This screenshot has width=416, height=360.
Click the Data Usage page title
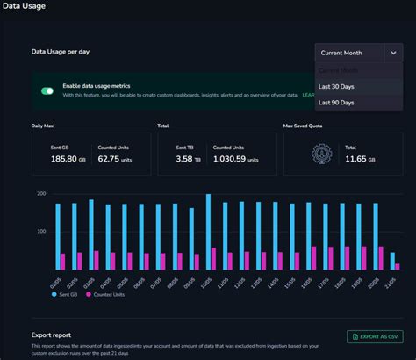click(24, 6)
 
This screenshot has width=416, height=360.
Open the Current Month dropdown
click(359, 53)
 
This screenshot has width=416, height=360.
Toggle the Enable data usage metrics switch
click(47, 90)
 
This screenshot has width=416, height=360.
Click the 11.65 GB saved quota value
click(361, 159)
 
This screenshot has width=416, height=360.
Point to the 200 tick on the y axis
click(40, 193)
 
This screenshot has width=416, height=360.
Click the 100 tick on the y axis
click(40, 231)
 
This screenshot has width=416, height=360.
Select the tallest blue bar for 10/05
click(208, 232)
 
